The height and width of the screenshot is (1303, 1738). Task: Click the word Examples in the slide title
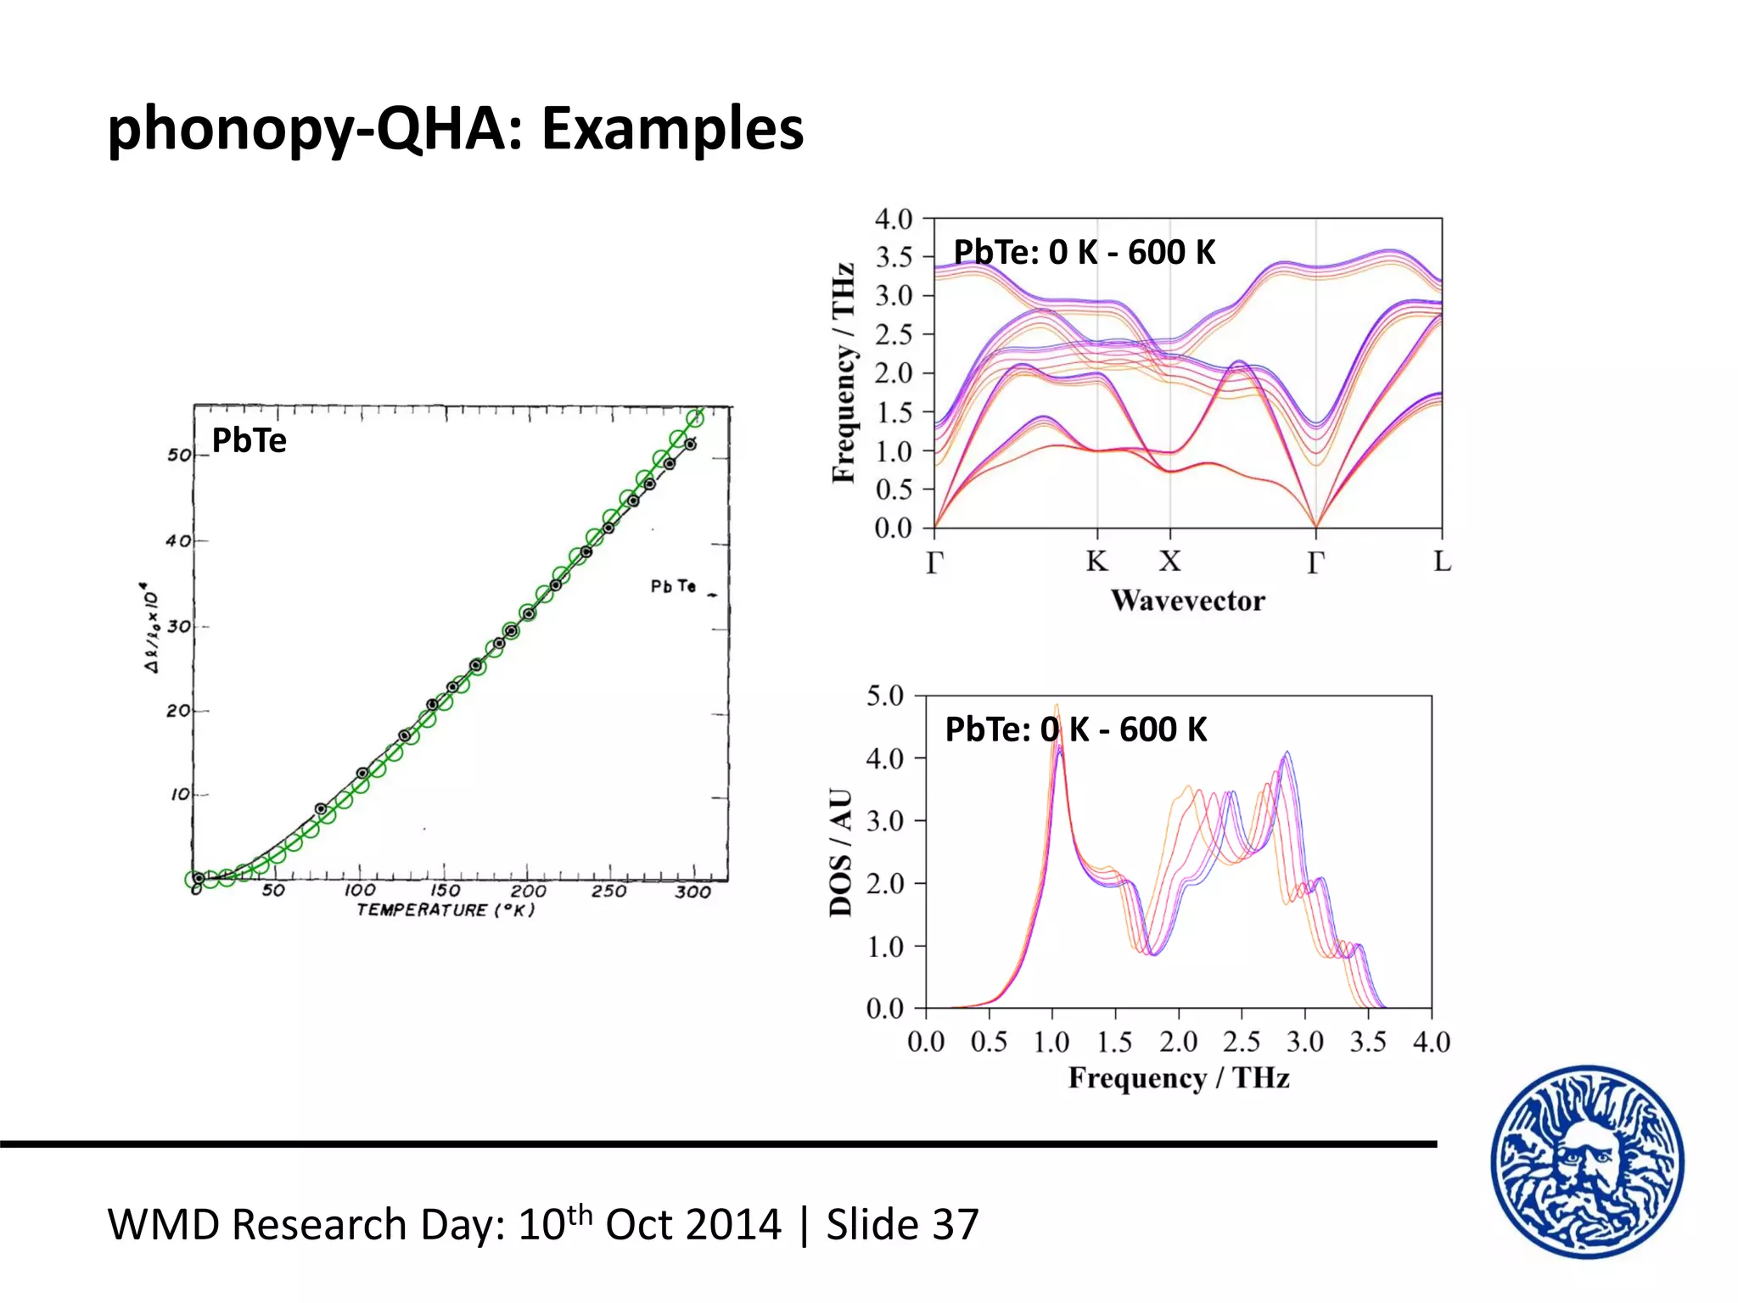672,129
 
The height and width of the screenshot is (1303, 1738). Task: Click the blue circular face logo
1587,1161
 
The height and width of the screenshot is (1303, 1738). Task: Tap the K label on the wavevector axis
1096,562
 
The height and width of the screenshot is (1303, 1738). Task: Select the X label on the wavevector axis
1170,562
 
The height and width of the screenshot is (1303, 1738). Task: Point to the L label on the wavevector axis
1442,562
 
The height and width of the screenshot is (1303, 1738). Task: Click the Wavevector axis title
1187,601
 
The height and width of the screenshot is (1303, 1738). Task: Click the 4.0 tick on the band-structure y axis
893,220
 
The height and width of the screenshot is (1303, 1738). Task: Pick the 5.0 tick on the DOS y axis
884,696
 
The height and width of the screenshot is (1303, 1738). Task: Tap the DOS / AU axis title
841,852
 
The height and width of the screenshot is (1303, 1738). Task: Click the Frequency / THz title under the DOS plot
1178,1078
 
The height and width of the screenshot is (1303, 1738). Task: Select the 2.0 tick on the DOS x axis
1178,1042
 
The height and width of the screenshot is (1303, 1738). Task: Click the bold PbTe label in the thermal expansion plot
249,440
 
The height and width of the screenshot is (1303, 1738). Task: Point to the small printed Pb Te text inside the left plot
673,586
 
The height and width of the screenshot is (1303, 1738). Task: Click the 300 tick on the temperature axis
692,892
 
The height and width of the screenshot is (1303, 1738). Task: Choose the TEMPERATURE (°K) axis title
446,910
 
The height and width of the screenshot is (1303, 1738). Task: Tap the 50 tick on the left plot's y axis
179,455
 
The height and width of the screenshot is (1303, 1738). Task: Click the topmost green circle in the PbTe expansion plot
695,417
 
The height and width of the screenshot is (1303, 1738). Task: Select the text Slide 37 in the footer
902,1225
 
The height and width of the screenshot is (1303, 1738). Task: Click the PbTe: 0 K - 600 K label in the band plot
1084,253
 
